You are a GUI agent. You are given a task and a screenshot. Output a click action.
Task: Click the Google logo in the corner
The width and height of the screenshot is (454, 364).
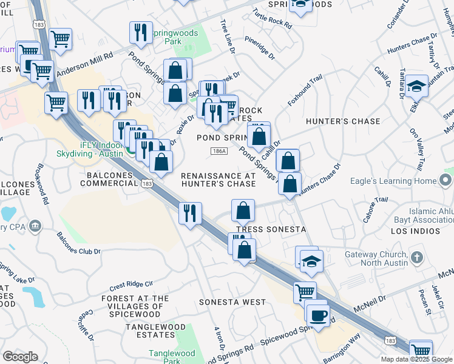(x=20, y=357)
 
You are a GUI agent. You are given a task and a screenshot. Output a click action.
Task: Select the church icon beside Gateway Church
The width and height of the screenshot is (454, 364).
(x=416, y=257)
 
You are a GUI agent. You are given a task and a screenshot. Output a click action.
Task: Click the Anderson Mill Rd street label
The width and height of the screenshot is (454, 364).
(x=84, y=64)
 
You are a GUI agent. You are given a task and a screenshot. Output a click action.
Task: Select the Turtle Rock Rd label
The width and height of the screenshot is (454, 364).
(x=273, y=19)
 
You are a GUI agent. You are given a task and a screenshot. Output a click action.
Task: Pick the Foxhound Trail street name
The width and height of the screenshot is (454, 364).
(x=305, y=90)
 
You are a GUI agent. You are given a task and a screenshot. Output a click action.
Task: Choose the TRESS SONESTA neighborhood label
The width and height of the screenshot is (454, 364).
(x=270, y=229)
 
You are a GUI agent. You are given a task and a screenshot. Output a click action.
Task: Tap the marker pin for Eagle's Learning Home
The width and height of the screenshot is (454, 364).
(x=446, y=180)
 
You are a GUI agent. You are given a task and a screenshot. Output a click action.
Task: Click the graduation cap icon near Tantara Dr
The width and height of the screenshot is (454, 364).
(x=417, y=86)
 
